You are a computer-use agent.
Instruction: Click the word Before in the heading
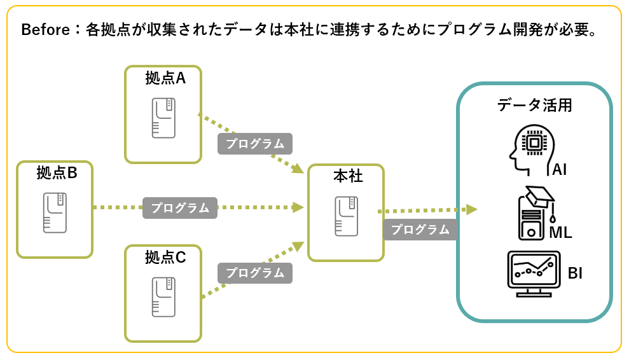[43, 31]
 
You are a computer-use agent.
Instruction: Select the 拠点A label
[165, 78]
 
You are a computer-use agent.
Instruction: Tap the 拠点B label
[57, 172]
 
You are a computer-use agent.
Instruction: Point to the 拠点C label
[165, 258]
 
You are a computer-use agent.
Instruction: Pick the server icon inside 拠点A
[163, 118]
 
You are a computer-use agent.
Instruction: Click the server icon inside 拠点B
[55, 212]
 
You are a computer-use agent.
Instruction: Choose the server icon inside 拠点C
[163, 297]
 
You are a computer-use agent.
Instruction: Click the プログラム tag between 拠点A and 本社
[255, 144]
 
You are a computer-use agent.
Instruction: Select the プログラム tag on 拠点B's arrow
[180, 208]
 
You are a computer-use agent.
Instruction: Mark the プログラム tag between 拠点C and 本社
[255, 273]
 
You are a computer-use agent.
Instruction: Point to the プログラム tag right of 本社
[420, 230]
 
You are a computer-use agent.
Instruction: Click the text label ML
[560, 233]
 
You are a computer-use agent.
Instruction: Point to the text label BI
[575, 274]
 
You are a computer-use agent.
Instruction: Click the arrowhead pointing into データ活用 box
[471, 209]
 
